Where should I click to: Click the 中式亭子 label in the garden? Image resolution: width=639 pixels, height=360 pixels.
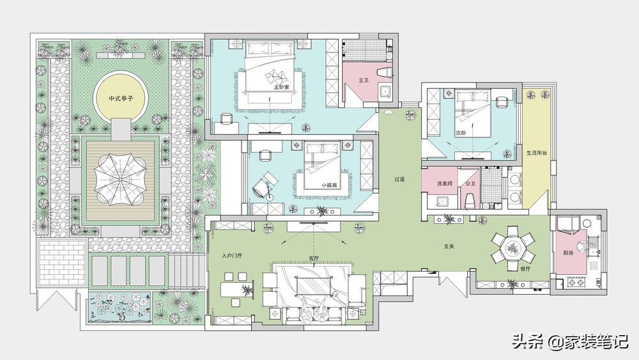pyautogui.click(x=121, y=98)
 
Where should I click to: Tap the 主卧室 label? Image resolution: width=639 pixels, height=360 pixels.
pyautogui.click(x=281, y=87)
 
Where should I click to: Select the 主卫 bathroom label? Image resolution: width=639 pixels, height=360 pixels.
pyautogui.click(x=364, y=81)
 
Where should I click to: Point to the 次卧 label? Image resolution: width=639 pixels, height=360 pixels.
pyautogui.click(x=461, y=133)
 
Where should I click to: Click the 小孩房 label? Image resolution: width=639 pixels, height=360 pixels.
pyautogui.click(x=329, y=185)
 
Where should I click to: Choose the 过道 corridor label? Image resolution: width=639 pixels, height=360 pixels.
pyautogui.click(x=399, y=179)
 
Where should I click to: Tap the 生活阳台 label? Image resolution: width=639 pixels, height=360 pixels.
pyautogui.click(x=537, y=153)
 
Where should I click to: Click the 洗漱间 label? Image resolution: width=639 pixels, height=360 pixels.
pyautogui.click(x=445, y=184)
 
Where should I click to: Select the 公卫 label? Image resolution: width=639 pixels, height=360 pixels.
pyautogui.click(x=471, y=184)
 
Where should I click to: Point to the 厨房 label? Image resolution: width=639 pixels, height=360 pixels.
pyautogui.click(x=568, y=253)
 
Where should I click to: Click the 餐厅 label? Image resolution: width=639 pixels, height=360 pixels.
pyautogui.click(x=525, y=269)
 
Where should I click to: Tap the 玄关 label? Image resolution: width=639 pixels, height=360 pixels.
pyautogui.click(x=449, y=246)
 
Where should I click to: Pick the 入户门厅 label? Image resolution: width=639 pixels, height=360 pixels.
pyautogui.click(x=232, y=256)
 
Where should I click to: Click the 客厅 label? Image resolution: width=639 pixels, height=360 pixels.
pyautogui.click(x=314, y=258)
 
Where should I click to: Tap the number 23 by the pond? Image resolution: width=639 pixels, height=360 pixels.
pyautogui.click(x=122, y=317)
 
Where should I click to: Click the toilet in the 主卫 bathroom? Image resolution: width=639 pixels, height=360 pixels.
pyautogui.click(x=385, y=72)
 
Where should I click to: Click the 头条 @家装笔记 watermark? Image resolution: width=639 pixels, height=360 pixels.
pyautogui.click(x=570, y=341)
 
